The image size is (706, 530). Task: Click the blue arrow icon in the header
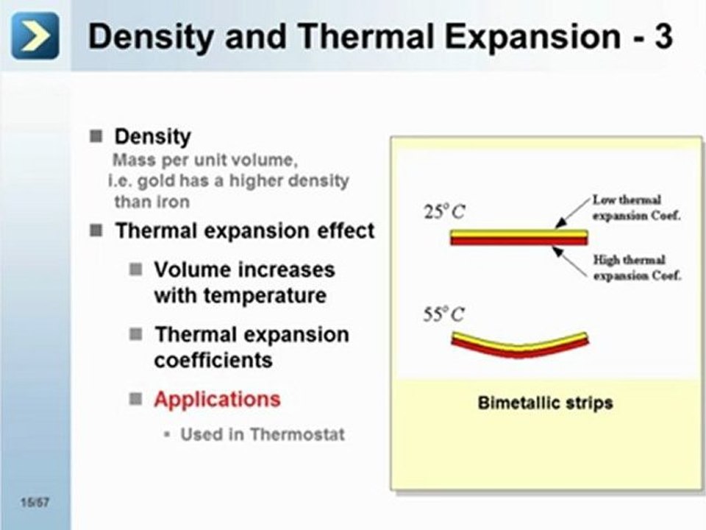click(35, 36)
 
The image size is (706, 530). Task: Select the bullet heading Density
click(152, 137)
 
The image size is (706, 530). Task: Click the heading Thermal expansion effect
click(244, 230)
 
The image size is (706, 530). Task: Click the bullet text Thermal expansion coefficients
click(251, 347)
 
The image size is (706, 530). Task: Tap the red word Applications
click(217, 399)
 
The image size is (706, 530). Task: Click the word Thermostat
click(297, 434)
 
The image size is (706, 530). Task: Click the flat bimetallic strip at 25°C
click(518, 237)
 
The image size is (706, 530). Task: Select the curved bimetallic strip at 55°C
click(519, 344)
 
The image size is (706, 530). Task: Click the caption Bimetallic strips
click(545, 403)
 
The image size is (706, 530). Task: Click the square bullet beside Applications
click(135, 399)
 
